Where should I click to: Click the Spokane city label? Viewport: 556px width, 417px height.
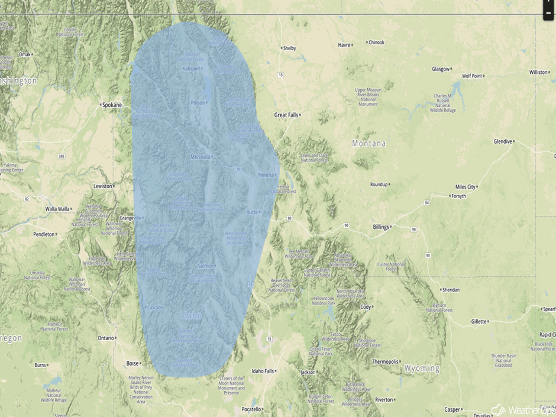tap(111, 105)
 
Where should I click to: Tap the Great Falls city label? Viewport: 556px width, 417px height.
tap(286, 115)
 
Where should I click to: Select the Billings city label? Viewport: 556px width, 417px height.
tap(381, 227)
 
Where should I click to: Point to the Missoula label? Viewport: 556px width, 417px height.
tap(200, 157)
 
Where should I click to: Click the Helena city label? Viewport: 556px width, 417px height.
tap(266, 174)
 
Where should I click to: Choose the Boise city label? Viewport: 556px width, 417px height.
tap(132, 363)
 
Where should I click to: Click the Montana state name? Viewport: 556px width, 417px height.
tap(368, 144)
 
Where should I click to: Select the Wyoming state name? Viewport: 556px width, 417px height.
tap(422, 368)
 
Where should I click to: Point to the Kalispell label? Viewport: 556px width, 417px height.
tap(191, 69)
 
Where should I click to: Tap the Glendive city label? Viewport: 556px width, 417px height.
tap(503, 141)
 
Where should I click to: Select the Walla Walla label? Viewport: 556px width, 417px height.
tap(57, 209)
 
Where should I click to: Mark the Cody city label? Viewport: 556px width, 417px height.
tap(366, 307)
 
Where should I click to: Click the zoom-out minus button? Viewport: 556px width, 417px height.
tap(549, 12)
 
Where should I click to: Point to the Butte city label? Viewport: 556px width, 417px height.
tap(252, 212)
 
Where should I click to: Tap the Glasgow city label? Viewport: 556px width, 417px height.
tap(441, 69)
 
